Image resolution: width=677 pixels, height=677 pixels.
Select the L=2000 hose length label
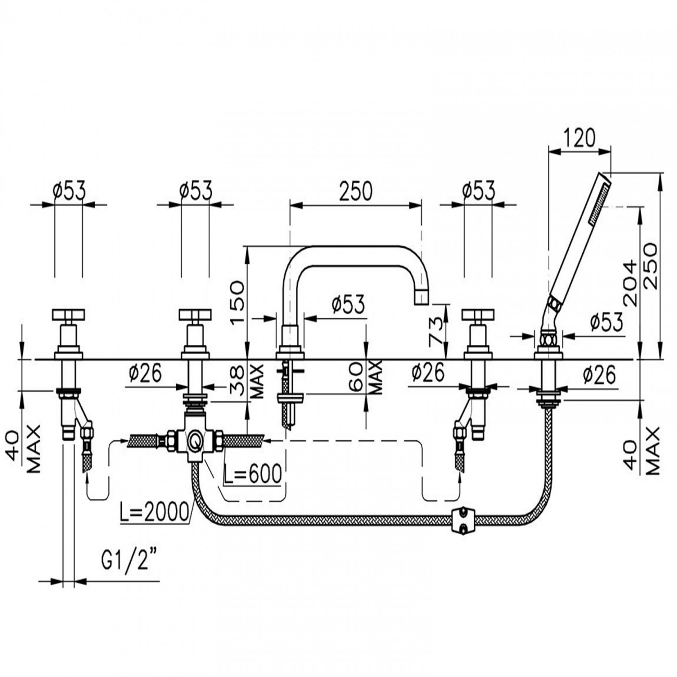[153, 513]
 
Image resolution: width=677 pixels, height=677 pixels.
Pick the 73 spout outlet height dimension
[436, 331]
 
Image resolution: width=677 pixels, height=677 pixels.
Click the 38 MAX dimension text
[249, 381]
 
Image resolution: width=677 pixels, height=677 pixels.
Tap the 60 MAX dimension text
[366, 378]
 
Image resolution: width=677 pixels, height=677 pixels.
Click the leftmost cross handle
[69, 315]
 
